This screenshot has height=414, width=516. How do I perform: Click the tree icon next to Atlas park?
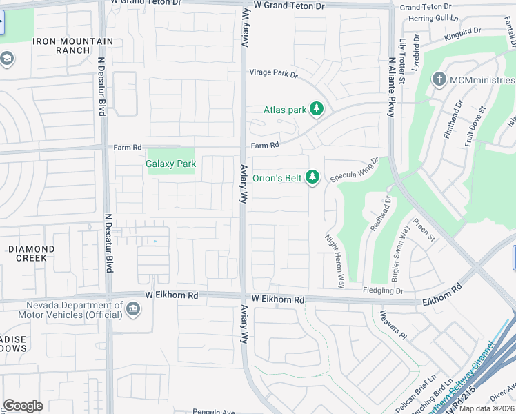pyautogui.click(x=317, y=109)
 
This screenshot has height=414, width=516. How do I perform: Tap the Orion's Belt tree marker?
pyautogui.click(x=312, y=178)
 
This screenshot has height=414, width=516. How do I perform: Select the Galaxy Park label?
pyautogui.click(x=170, y=164)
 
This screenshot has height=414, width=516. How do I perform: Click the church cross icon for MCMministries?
pyautogui.click(x=438, y=80)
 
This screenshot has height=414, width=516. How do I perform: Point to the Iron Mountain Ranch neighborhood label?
pyautogui.click(x=72, y=46)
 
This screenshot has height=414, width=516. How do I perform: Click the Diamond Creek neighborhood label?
pyautogui.click(x=32, y=253)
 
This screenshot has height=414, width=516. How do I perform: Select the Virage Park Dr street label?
pyautogui.click(x=272, y=73)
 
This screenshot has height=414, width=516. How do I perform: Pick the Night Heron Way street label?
pyautogui.click(x=334, y=260)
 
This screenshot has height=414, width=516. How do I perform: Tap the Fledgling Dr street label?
pyautogui.click(x=383, y=291)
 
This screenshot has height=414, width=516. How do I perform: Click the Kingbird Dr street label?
pyautogui.click(x=462, y=32)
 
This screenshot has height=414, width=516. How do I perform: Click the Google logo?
pyautogui.click(x=23, y=406)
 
